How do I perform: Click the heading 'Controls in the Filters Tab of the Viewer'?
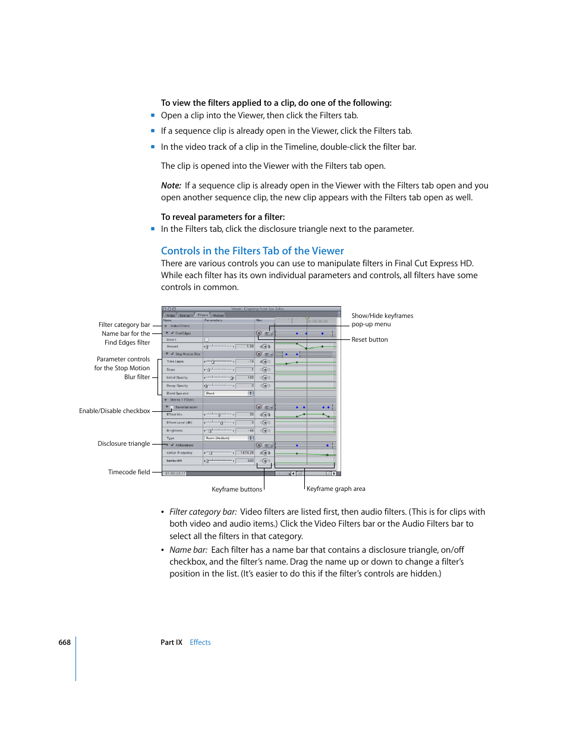point(252,251)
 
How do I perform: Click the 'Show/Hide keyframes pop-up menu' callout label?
point(382,320)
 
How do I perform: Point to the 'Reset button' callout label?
point(369,339)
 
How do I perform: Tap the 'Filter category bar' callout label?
point(124,325)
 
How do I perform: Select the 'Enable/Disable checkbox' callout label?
point(114,411)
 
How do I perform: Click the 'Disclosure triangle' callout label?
point(124,443)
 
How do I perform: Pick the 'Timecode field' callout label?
point(129,472)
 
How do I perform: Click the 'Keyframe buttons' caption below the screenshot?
point(237,489)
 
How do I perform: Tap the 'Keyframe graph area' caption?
point(336,489)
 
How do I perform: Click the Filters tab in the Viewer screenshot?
point(203,315)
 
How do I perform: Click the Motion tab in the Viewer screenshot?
point(219,315)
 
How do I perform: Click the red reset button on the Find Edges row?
point(259,333)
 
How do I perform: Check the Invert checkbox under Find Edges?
point(207,340)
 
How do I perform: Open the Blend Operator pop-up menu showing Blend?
point(229,393)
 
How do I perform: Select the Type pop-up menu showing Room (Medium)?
point(229,438)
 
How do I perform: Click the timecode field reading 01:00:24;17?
point(175,474)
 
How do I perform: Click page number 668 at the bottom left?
point(64,642)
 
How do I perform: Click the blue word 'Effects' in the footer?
point(200,642)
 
